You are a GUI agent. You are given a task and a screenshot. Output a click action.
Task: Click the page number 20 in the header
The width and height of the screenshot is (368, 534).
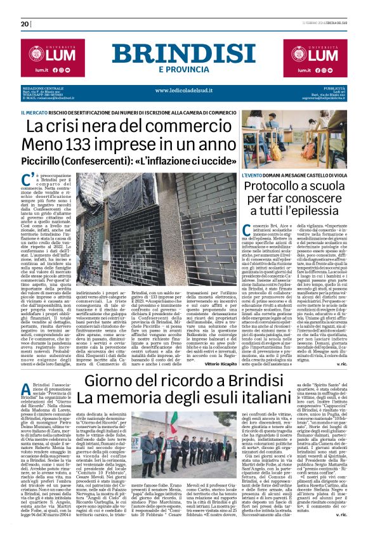click(26, 24)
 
